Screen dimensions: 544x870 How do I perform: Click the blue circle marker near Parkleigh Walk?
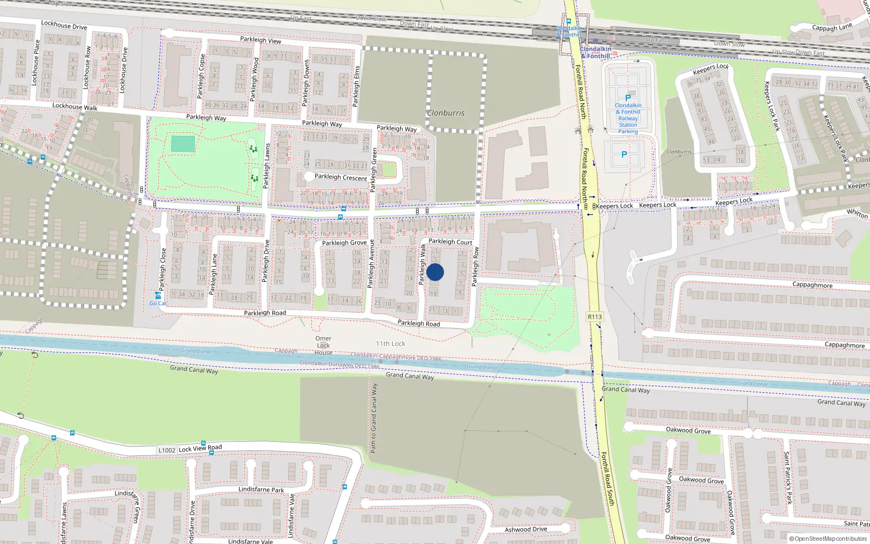(435, 272)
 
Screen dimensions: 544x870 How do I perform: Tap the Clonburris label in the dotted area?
(446, 113)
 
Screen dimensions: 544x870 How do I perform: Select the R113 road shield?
(595, 317)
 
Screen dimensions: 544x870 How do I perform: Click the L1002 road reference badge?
(167, 450)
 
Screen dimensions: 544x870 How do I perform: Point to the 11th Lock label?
(390, 344)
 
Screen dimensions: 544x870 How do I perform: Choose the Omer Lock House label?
(323, 345)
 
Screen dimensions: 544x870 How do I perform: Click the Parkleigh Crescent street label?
(341, 177)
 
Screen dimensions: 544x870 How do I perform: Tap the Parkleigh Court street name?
(450, 242)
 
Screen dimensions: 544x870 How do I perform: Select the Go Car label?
(158, 303)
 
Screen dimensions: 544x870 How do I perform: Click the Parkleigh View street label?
(260, 40)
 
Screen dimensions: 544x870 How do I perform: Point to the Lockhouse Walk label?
(75, 107)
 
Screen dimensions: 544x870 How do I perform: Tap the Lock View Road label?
(200, 448)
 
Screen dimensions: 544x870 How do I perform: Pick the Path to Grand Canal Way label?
(374, 418)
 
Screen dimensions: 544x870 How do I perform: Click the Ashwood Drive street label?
(526, 529)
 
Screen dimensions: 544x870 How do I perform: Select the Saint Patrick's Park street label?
(787, 478)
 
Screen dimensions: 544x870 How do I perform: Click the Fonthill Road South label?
(607, 479)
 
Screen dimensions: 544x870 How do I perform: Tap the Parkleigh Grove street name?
(344, 243)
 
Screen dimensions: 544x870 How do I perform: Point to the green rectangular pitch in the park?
(183, 144)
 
